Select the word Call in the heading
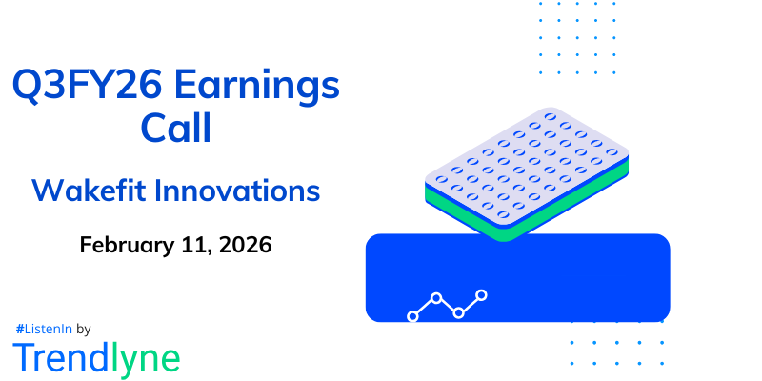click(176, 128)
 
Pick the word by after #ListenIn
click(83, 330)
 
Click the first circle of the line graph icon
click(412, 315)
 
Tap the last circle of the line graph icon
click(482, 295)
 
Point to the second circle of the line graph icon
click(436, 298)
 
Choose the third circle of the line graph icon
click(459, 312)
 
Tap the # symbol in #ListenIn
click(20, 329)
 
